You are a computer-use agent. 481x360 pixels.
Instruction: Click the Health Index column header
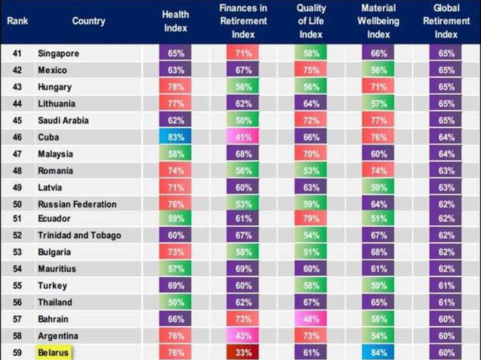point(175,22)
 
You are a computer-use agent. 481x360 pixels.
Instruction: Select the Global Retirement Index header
point(446,22)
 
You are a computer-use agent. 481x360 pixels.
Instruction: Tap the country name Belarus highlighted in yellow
point(53,352)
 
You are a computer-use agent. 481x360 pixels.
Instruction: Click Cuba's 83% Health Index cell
point(176,138)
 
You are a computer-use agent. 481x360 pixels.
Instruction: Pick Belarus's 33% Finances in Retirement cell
point(243,352)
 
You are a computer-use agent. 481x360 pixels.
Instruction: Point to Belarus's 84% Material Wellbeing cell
point(379,352)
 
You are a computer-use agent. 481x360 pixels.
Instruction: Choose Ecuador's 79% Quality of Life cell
point(311,218)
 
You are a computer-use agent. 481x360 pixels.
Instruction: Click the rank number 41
point(17,54)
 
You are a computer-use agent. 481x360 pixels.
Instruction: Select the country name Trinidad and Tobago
point(79,235)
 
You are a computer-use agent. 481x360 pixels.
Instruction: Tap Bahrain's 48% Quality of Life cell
point(311,319)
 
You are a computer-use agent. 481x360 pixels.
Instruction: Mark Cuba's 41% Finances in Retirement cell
point(243,138)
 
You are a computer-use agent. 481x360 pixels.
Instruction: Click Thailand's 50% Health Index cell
point(176,302)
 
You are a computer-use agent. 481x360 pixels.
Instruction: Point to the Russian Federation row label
point(77,204)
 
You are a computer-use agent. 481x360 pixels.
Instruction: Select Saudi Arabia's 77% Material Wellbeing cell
point(379,121)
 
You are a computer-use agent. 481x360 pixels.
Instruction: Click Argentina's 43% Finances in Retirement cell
point(243,336)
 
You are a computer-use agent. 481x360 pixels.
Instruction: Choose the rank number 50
point(17,204)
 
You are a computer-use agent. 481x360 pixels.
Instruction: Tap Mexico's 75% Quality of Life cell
point(311,70)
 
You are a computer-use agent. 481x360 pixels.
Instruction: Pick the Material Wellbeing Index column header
point(379,22)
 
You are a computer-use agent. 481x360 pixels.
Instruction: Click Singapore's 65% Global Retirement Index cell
point(446,54)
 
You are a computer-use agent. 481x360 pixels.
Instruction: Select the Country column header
point(89,21)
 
